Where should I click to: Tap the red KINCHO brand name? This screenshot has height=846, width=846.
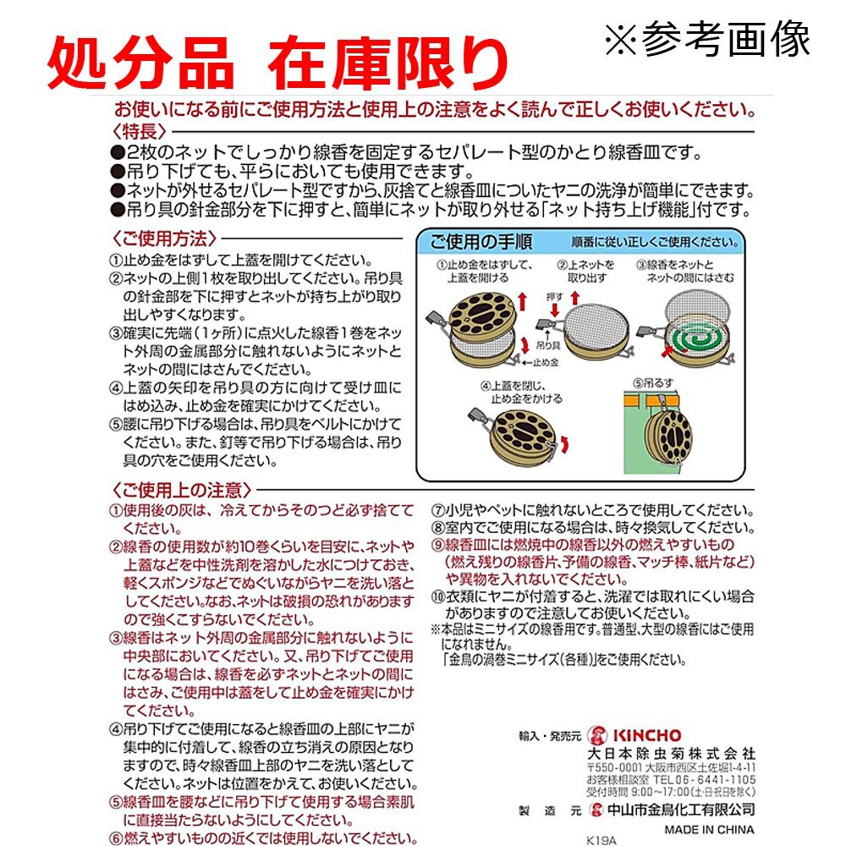coord(647,735)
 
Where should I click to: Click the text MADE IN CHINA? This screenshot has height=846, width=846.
coord(709,829)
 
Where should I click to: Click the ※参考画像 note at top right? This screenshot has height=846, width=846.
coord(706,38)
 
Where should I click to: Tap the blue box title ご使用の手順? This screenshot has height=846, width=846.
coord(481,242)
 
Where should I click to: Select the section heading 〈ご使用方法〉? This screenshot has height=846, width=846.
coord(163,238)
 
